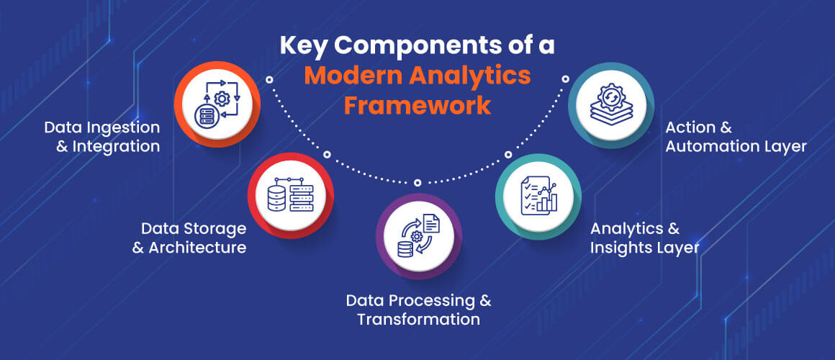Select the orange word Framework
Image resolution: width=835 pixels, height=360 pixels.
pyautogui.click(x=417, y=105)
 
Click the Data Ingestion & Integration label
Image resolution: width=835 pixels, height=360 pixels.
pyautogui.click(x=101, y=136)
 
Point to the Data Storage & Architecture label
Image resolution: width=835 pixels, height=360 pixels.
pyautogui.click(x=193, y=238)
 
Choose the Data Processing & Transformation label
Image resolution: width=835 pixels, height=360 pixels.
pyautogui.click(x=418, y=309)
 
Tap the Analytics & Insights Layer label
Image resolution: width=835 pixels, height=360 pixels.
pyautogui.click(x=645, y=238)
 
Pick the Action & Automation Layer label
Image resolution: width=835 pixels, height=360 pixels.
pyautogui.click(x=736, y=136)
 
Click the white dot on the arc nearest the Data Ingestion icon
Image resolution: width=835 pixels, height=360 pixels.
pyautogui.click(x=269, y=79)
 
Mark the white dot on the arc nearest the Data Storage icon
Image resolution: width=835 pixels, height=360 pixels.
pyautogui.click(x=326, y=155)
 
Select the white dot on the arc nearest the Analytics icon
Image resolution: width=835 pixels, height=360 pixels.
pyautogui.click(x=507, y=155)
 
